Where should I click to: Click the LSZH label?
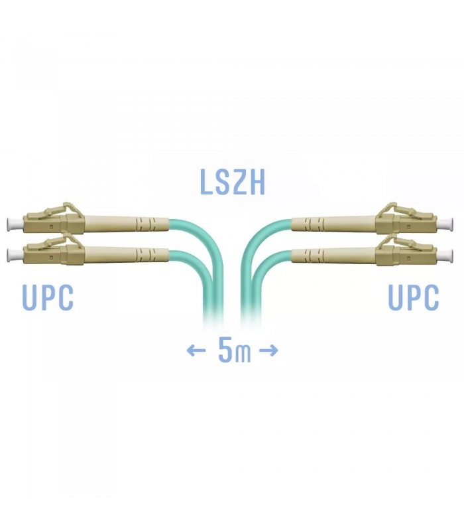(232, 182)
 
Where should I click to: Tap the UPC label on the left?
(48, 297)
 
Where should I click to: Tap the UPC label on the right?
(413, 297)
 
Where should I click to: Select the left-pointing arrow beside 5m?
(196, 350)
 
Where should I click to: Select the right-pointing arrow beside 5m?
(268, 350)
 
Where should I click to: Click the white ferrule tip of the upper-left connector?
(15, 224)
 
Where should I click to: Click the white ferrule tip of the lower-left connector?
(15, 255)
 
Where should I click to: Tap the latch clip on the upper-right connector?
(394, 209)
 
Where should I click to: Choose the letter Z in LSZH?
(240, 182)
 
